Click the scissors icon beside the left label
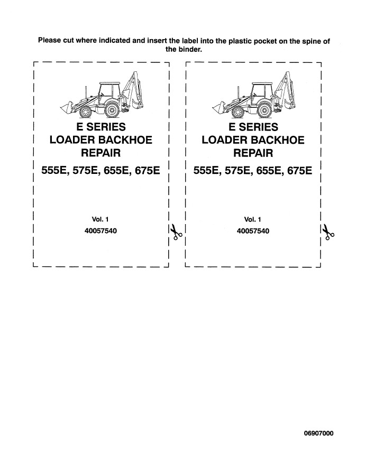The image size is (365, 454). coord(176,231)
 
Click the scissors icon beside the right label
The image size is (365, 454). coord(328,232)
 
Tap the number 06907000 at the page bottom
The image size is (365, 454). coord(318,433)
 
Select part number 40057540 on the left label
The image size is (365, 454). coord(101,231)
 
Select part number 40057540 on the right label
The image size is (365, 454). coord(253,231)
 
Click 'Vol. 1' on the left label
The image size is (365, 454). coord(100,219)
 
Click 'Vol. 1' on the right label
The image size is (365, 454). coord(253,219)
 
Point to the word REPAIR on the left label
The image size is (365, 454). coord(101,153)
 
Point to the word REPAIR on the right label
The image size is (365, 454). coord(253,153)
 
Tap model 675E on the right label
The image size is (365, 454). coord(300,171)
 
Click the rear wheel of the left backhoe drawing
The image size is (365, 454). coord(112,110)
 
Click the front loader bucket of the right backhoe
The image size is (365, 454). coord(218,107)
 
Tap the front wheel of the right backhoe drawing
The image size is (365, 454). coord(238,112)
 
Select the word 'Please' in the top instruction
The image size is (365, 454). coord(50,40)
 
